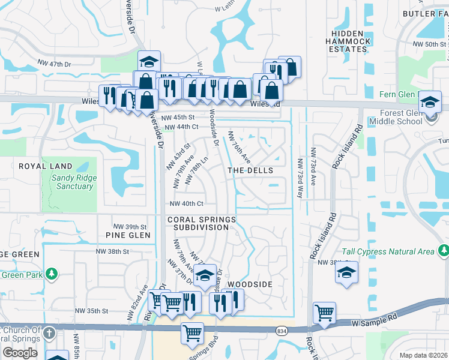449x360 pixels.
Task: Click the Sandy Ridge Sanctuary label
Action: point(71,182)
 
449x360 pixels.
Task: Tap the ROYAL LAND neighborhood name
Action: point(45,166)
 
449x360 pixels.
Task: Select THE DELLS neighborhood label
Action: point(250,170)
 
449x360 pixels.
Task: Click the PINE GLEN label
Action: point(127,235)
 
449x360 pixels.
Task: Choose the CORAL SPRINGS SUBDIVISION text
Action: point(202,224)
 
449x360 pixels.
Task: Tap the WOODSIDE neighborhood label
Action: point(250,284)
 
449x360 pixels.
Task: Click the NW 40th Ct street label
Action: point(190,204)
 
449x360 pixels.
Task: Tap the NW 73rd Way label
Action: point(300,177)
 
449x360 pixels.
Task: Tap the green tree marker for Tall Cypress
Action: point(443,250)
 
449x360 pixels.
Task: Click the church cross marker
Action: point(49,333)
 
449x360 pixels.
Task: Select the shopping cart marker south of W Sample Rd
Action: point(192,333)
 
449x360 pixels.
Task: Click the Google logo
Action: point(20,353)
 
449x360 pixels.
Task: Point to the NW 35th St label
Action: point(91,311)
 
